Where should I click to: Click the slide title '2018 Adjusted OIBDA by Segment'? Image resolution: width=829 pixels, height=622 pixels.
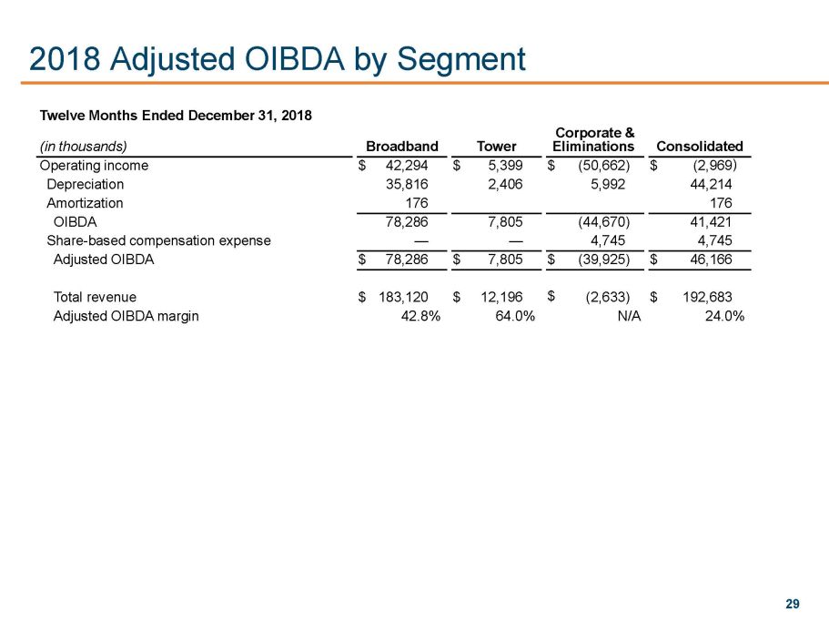click(x=277, y=59)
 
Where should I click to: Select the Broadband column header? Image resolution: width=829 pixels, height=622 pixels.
click(x=401, y=146)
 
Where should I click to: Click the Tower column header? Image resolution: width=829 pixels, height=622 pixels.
click(x=496, y=146)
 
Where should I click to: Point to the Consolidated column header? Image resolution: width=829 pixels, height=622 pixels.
click(x=699, y=146)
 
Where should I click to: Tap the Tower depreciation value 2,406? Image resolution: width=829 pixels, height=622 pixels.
click(x=502, y=184)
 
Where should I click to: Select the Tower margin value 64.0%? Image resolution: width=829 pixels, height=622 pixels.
click(x=508, y=316)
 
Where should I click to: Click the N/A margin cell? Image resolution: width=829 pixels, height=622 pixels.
click(x=629, y=316)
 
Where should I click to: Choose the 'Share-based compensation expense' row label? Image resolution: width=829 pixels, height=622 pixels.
click(x=158, y=240)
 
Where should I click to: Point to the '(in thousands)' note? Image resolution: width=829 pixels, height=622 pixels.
click(x=82, y=146)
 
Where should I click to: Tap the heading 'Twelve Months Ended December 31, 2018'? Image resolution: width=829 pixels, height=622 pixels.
click(x=176, y=116)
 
